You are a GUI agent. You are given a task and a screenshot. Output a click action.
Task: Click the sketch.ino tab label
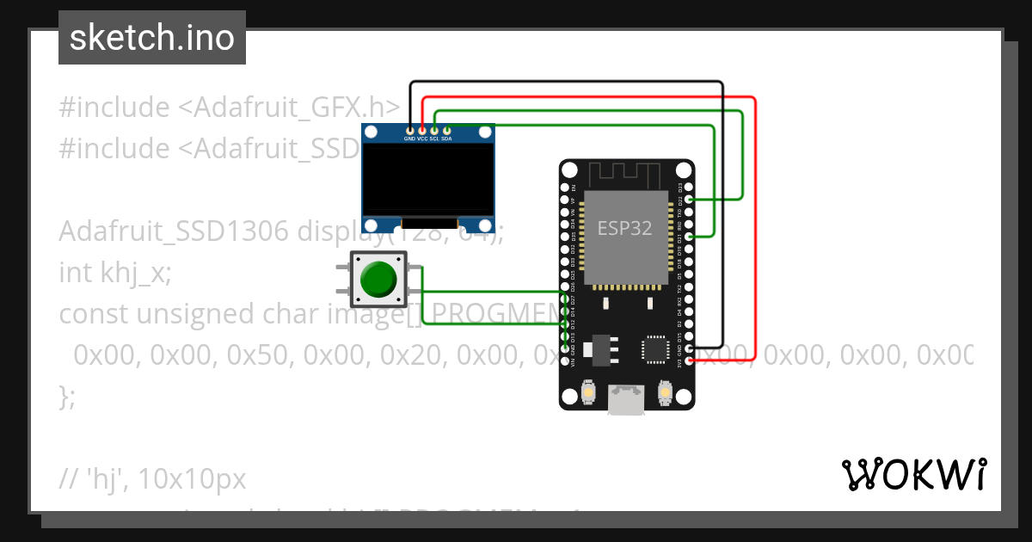(151, 38)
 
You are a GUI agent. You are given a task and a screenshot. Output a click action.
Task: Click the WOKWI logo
(913, 474)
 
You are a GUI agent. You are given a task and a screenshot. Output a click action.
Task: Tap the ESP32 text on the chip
(625, 228)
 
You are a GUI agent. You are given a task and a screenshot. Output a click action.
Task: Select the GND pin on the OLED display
(410, 129)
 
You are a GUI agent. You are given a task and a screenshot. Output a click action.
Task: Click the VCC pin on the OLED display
(422, 129)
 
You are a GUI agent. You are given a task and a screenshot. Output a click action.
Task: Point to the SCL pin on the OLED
(434, 129)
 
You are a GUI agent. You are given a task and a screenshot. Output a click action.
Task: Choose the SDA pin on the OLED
(446, 129)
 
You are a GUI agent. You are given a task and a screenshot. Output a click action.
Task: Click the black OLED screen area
(428, 180)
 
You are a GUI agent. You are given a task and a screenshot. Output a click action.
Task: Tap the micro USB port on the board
(625, 400)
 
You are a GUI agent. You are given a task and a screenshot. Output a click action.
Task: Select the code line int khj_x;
(115, 273)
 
